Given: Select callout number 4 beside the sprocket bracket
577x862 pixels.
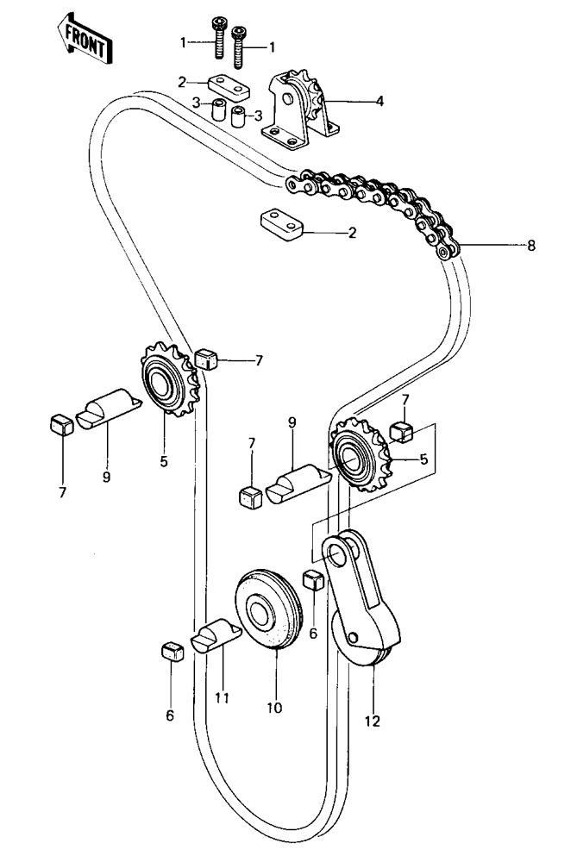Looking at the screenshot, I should point(379,102).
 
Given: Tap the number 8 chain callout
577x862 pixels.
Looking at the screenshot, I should point(531,247).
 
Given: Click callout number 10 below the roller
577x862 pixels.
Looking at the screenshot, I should point(274,709).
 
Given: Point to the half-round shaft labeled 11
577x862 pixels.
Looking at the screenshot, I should point(216,637).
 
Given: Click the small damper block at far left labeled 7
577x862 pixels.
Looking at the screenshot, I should point(60,424).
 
